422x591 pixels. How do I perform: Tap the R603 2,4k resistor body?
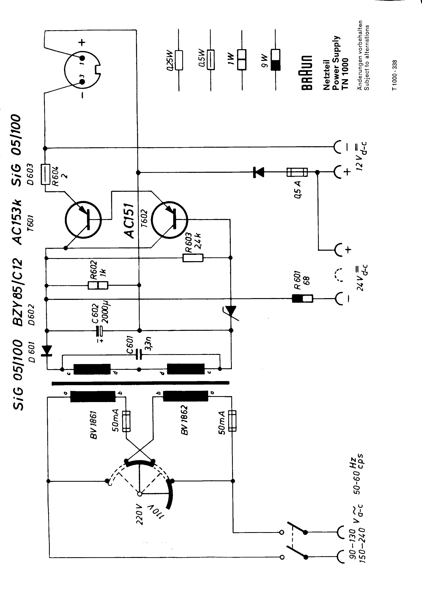tap(193, 258)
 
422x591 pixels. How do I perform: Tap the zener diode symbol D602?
tap(231, 311)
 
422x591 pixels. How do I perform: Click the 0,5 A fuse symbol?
tap(297, 172)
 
